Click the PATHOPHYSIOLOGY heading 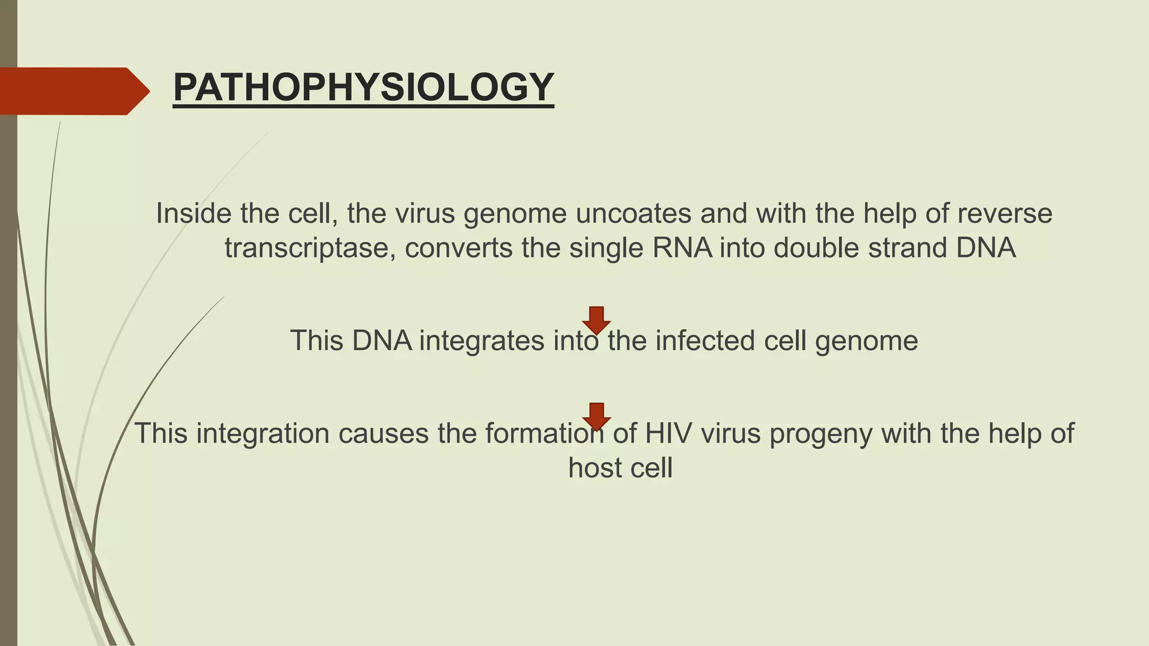click(x=364, y=87)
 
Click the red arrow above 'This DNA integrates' click(x=596, y=319)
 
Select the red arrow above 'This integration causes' click(x=596, y=416)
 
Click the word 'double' click(x=816, y=248)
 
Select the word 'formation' click(x=545, y=433)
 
